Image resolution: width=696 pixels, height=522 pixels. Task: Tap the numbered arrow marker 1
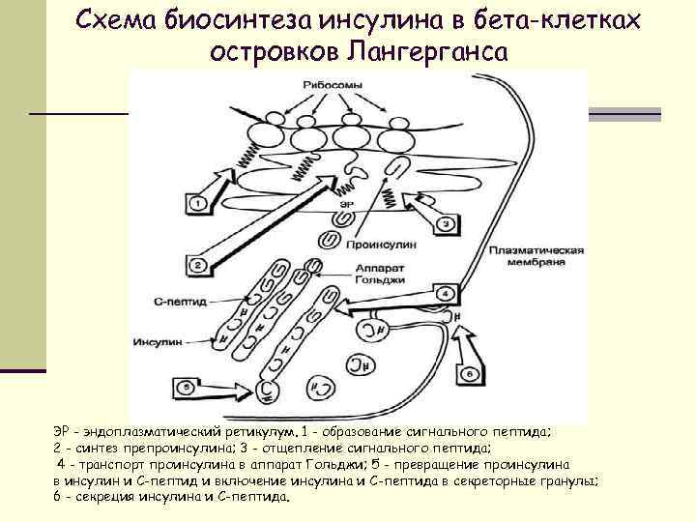tap(195, 203)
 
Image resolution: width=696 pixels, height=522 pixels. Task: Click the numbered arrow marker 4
tap(447, 292)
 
